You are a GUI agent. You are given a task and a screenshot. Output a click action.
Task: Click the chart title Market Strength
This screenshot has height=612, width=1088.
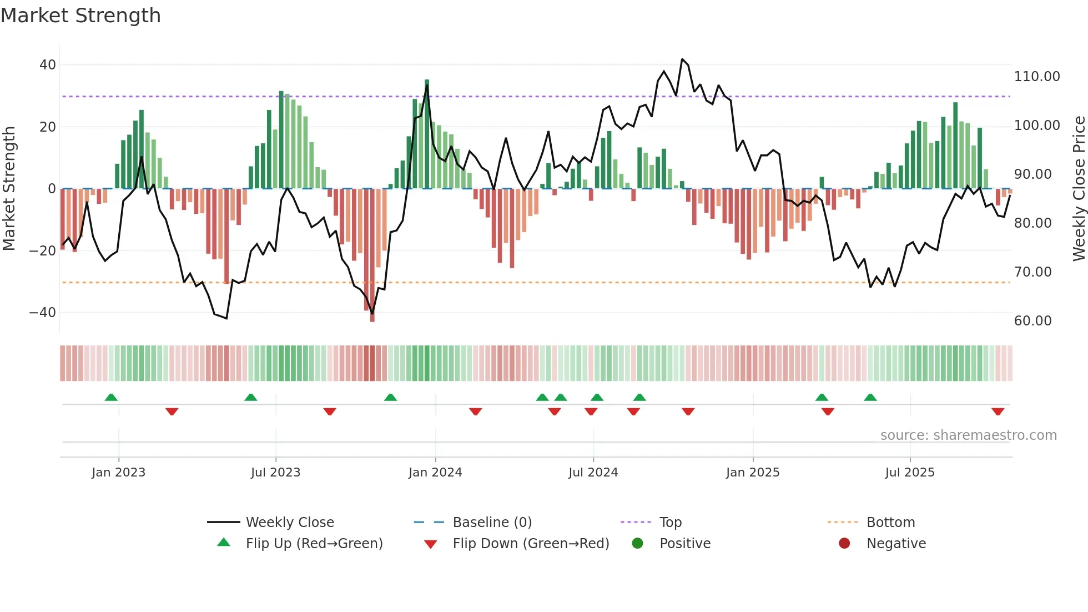click(80, 16)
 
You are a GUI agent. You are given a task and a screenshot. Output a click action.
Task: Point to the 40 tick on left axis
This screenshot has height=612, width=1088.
click(48, 65)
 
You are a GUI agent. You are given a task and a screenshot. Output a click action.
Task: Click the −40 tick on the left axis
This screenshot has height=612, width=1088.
click(43, 313)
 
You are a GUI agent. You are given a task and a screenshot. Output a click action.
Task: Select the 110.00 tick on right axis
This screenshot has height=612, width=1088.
click(1036, 77)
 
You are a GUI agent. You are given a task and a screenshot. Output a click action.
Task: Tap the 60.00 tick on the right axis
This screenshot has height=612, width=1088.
click(1032, 321)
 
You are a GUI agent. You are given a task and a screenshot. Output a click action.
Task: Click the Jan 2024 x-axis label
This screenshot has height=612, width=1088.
click(435, 473)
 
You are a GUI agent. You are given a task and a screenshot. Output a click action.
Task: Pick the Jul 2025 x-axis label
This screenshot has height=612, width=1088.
click(909, 473)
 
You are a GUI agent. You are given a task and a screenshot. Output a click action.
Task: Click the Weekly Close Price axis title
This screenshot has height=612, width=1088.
click(1079, 189)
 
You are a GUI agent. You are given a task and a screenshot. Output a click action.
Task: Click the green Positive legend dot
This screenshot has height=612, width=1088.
click(637, 544)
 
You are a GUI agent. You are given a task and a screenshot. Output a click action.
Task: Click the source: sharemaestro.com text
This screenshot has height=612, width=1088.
click(968, 435)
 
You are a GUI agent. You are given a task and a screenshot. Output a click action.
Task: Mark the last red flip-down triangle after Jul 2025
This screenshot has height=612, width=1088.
click(998, 412)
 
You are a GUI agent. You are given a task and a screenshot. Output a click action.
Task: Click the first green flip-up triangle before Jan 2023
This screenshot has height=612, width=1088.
click(111, 397)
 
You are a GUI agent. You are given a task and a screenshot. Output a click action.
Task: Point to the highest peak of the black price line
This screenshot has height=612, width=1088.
click(682, 59)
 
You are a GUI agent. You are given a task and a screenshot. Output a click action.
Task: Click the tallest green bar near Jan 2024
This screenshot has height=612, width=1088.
click(427, 133)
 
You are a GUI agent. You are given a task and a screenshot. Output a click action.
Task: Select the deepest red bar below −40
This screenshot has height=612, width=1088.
click(372, 255)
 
